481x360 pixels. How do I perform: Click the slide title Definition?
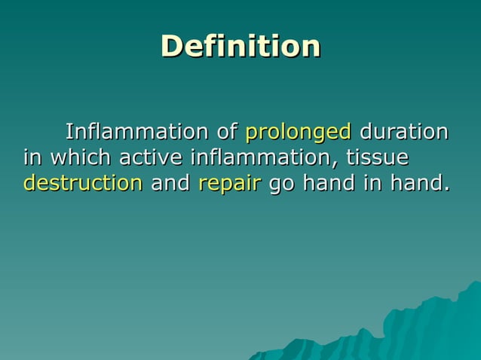[x=240, y=47]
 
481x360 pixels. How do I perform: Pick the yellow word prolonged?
[x=298, y=133]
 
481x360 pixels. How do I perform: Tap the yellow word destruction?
[x=83, y=183]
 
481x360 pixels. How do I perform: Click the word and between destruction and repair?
[x=170, y=183]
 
